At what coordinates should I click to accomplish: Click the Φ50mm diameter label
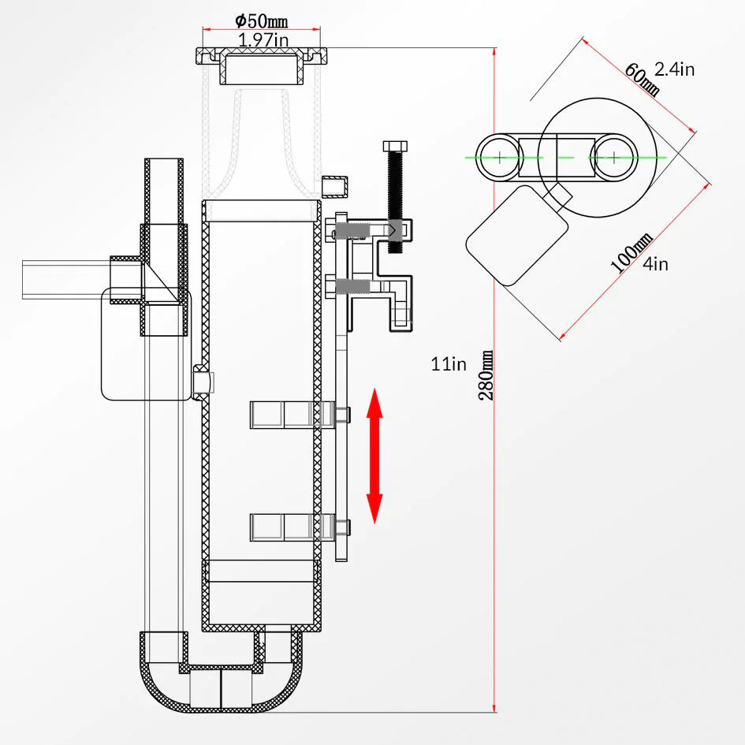pyautogui.click(x=262, y=21)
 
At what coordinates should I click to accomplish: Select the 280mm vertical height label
pyautogui.click(x=488, y=376)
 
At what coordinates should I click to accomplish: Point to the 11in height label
pyautogui.click(x=449, y=363)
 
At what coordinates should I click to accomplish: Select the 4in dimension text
pyautogui.click(x=655, y=264)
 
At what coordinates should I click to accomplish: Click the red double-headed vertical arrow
pyautogui.click(x=374, y=455)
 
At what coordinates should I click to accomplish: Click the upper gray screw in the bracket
pyautogui.click(x=350, y=231)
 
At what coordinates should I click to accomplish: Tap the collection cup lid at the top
pyautogui.click(x=262, y=56)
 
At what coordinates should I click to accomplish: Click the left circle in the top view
pyautogui.click(x=499, y=157)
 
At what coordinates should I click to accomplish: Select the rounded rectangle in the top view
pyautogui.click(x=516, y=234)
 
